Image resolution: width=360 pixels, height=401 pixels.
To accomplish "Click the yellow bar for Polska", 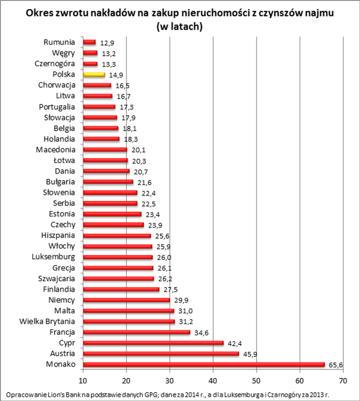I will pyautogui.click(x=94, y=74).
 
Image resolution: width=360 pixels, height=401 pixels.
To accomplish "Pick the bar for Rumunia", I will pyautogui.click(x=89, y=42).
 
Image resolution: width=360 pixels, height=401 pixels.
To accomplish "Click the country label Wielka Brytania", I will pyautogui.click(x=48, y=321).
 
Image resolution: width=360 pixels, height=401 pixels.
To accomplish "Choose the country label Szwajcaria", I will pyautogui.click(x=57, y=278).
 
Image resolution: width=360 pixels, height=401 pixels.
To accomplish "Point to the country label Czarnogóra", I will pyautogui.click(x=55, y=64).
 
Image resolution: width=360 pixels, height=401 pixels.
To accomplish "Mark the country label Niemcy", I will pyautogui.click(x=62, y=300).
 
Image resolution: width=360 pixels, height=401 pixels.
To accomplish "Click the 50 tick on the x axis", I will pyautogui.click(x=256, y=381).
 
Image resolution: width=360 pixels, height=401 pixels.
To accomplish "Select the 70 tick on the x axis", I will pyautogui.click(x=343, y=381).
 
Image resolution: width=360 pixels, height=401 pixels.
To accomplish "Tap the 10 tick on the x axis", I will pyautogui.click(x=83, y=381).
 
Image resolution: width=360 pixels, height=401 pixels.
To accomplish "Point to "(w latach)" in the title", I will pyautogui.click(x=179, y=27).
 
